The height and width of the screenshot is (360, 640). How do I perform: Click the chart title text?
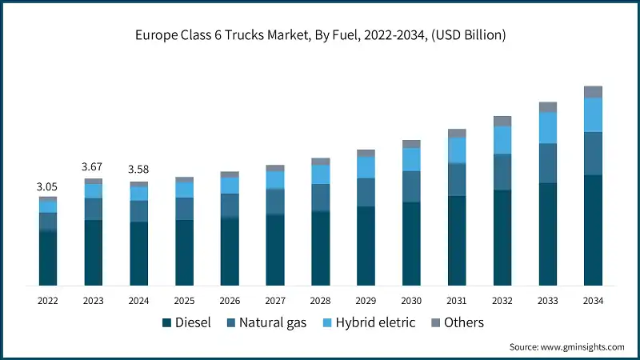click(x=320, y=35)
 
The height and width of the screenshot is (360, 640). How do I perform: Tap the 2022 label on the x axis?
click(x=48, y=301)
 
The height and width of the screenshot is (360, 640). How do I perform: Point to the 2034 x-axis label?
click(x=593, y=301)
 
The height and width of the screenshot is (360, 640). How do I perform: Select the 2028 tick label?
click(x=320, y=301)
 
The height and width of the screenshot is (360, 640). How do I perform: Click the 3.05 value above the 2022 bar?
click(x=48, y=186)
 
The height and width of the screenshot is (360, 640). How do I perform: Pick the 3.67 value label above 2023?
click(x=94, y=166)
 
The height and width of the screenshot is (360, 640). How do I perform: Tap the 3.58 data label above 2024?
click(x=138, y=170)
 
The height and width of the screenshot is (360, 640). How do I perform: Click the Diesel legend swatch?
click(x=167, y=323)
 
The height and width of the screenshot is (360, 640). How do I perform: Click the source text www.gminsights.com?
click(x=566, y=347)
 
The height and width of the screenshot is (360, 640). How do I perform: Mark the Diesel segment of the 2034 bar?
click(x=593, y=230)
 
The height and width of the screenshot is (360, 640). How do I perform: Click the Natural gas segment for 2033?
click(x=547, y=163)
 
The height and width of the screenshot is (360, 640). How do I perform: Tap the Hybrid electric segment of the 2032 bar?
click(x=502, y=140)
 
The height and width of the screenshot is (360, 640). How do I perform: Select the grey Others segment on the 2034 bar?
click(x=593, y=92)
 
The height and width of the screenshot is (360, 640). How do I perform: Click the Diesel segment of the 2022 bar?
click(x=48, y=258)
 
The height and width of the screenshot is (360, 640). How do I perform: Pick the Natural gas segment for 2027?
click(x=275, y=202)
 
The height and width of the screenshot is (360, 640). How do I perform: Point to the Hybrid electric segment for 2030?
click(x=411, y=159)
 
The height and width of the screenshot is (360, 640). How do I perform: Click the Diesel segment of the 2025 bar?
click(x=184, y=252)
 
